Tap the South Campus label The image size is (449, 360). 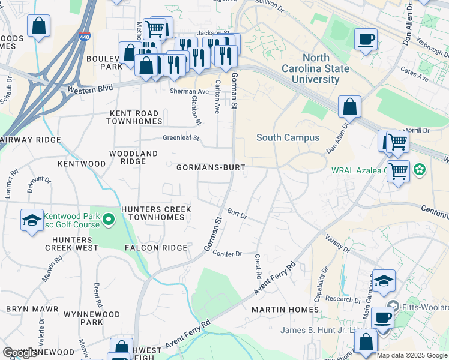[x=288, y=137]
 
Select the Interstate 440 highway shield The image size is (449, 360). [x=84, y=37]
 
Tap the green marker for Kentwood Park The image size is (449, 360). [x=109, y=220]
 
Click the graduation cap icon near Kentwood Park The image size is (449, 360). [x=32, y=220]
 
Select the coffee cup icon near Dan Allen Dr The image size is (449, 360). [x=366, y=40]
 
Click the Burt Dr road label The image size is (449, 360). [x=237, y=214]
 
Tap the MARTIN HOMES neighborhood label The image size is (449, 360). [x=285, y=310]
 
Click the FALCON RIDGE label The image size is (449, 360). [x=156, y=248]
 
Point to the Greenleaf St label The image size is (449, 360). [x=181, y=138]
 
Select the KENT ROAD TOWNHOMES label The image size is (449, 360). [x=134, y=117]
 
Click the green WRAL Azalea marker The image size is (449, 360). [x=420, y=170]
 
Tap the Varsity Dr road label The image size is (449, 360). [x=339, y=244]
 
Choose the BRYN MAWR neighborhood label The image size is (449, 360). [x=32, y=309]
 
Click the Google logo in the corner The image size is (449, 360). [x=20, y=353]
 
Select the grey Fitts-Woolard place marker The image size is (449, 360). [x=393, y=305]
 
